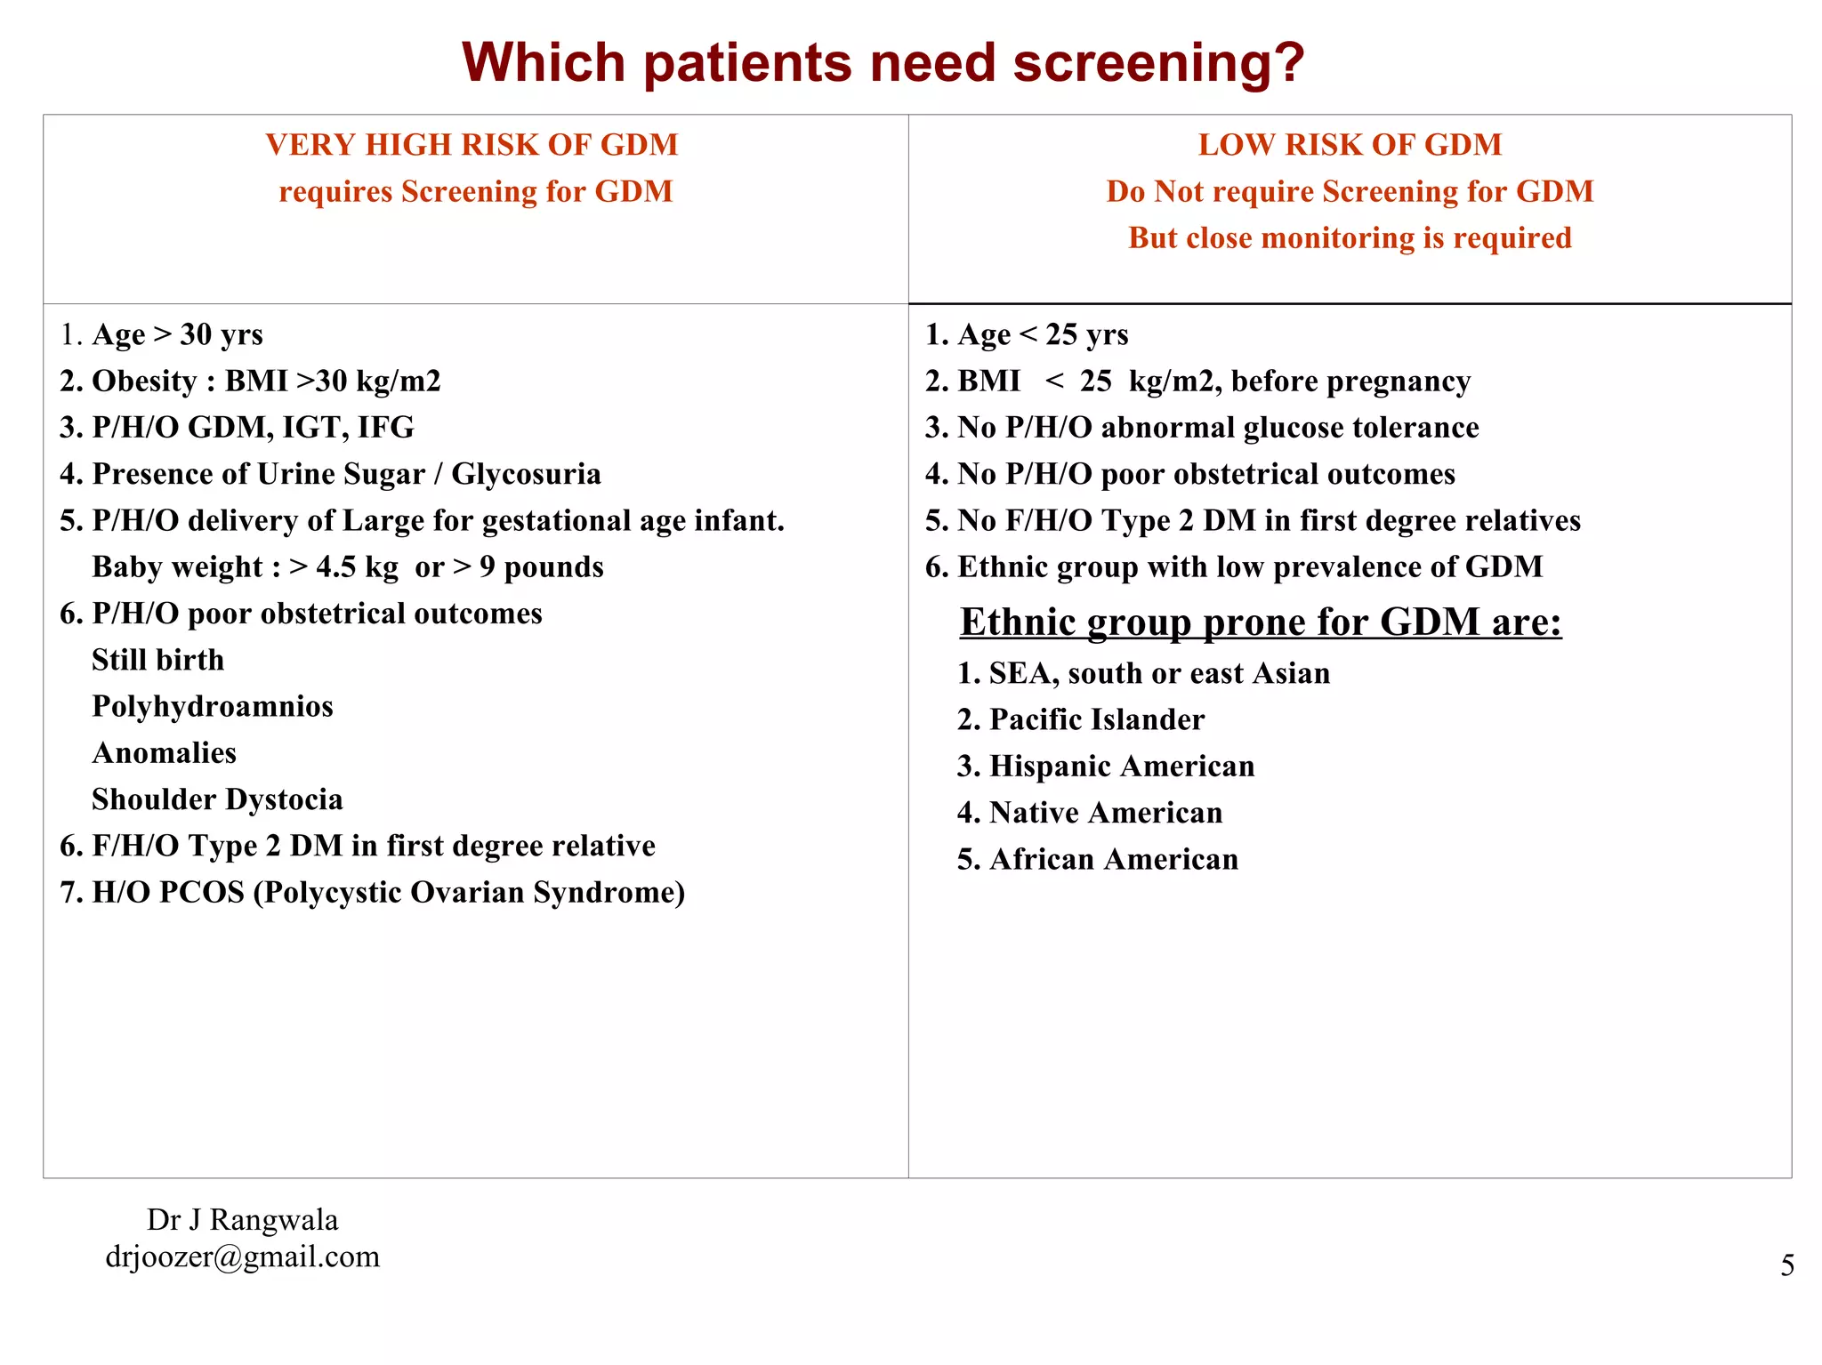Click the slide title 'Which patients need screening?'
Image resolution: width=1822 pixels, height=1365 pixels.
pyautogui.click(x=883, y=63)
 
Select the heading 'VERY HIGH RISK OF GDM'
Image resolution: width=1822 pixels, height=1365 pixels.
pyautogui.click(x=472, y=144)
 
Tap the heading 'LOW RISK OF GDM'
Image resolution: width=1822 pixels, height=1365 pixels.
pyautogui.click(x=1349, y=144)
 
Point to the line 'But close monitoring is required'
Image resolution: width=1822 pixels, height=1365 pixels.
pyautogui.click(x=1349, y=237)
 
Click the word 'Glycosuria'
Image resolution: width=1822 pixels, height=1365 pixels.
pyautogui.click(x=526, y=474)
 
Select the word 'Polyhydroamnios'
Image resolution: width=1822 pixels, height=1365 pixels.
pyautogui.click(x=213, y=706)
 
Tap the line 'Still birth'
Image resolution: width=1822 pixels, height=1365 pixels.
pyautogui.click(x=158, y=660)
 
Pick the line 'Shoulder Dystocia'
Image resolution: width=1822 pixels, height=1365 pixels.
pyautogui.click(x=217, y=799)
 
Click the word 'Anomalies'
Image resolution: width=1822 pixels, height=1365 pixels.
pyautogui.click(x=165, y=753)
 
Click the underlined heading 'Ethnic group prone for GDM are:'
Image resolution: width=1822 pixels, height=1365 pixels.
pyautogui.click(x=1261, y=622)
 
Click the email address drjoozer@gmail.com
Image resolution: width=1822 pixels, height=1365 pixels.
pyautogui.click(x=242, y=1257)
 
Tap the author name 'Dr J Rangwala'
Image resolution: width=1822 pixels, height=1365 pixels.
pyautogui.click(x=242, y=1219)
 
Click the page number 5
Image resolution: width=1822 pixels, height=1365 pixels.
pyautogui.click(x=1787, y=1265)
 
